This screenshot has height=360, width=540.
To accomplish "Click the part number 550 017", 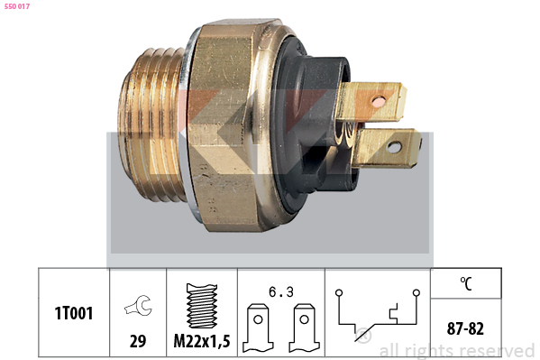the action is tap(17, 6).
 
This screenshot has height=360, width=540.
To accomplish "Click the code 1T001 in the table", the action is tap(74, 313).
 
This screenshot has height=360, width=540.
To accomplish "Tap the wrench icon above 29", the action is tap(139, 305).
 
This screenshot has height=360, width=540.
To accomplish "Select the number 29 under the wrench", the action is tap(138, 341).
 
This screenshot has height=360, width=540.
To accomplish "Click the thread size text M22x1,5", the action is tap(202, 341).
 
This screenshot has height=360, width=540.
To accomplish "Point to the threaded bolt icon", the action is tap(202, 306).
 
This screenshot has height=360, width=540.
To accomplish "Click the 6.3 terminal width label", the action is tap(281, 292).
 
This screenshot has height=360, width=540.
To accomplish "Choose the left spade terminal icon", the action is tap(258, 328).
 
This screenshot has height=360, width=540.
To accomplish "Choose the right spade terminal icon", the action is tap(304, 328).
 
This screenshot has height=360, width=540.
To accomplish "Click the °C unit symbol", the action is tap(466, 283).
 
